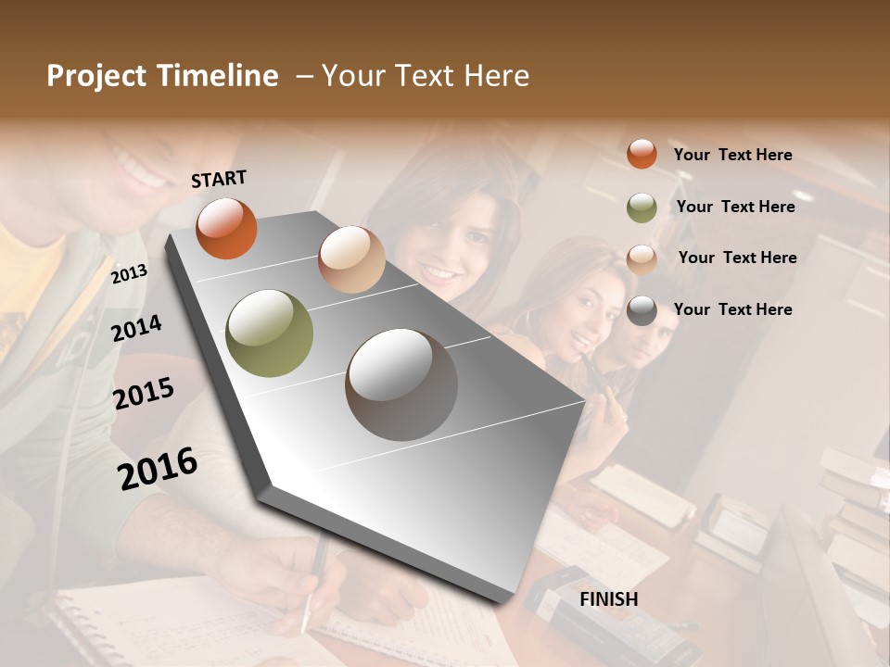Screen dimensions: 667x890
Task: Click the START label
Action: pyautogui.click(x=219, y=179)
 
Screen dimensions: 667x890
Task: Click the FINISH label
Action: pyautogui.click(x=609, y=599)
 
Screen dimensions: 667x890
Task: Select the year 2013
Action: pyautogui.click(x=129, y=273)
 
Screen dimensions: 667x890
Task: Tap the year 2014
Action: pyautogui.click(x=136, y=328)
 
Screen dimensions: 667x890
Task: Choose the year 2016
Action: pyautogui.click(x=158, y=468)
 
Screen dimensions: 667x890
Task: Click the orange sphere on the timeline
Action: pyautogui.click(x=226, y=228)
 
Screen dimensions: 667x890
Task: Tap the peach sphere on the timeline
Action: pyautogui.click(x=351, y=259)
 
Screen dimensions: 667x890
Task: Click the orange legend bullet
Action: pyautogui.click(x=642, y=154)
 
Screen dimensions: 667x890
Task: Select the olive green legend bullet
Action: pyautogui.click(x=642, y=207)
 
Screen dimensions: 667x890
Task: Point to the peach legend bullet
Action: pyautogui.click(x=642, y=258)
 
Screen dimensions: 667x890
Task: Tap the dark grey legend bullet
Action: pyautogui.click(x=642, y=310)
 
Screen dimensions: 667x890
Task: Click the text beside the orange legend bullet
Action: pyautogui.click(x=732, y=155)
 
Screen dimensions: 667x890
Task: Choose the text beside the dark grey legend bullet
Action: pyautogui.click(x=732, y=309)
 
